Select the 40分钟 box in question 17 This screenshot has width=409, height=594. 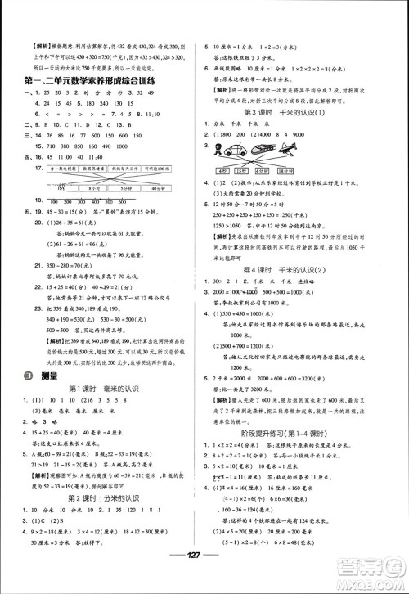165,186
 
